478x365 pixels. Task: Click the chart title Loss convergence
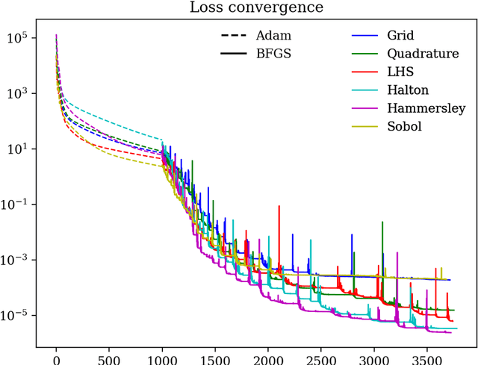tap(255, 10)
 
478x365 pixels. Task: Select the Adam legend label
tap(273, 35)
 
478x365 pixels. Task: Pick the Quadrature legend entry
tap(423, 54)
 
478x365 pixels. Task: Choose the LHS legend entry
tap(401, 72)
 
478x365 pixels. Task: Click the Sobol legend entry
tap(405, 126)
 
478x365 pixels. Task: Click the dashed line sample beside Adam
tap(234, 36)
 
